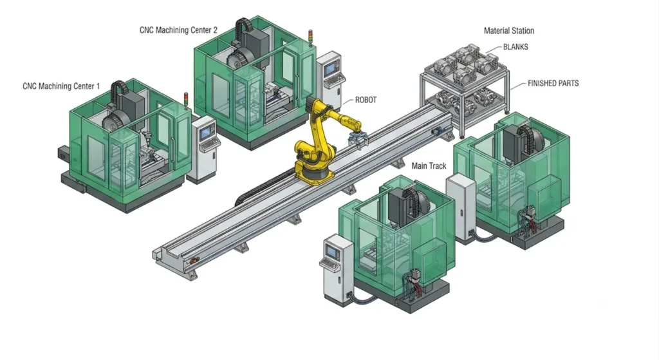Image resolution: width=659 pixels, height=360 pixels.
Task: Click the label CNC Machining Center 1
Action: (61, 86)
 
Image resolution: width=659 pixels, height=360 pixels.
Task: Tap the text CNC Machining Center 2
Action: (179, 30)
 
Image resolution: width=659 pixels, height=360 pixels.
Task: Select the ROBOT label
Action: (366, 100)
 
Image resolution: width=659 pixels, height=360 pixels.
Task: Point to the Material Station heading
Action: (508, 31)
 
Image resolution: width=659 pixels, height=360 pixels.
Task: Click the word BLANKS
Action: (515, 47)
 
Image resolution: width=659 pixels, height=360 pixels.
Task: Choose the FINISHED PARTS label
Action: (553, 83)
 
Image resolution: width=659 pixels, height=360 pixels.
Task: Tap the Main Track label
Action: (429, 166)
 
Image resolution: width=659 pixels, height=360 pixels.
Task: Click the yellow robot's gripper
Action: (358, 139)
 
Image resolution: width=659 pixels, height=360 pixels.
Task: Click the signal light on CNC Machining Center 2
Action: (311, 38)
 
